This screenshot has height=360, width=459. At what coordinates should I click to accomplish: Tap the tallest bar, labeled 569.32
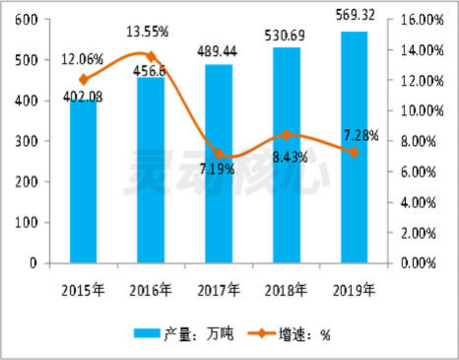coord(354,148)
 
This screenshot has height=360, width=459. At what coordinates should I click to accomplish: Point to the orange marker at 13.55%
coord(151,56)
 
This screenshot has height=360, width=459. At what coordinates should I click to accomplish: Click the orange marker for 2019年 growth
coord(354,152)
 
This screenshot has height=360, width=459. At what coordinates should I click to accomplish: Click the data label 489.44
coord(219,50)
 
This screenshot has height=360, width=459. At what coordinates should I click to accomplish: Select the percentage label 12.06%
coord(82,59)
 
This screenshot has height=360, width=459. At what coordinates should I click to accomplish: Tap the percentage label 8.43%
coord(286,157)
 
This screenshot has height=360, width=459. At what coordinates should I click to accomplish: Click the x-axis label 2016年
coord(152,289)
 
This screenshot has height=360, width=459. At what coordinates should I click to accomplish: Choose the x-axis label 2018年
coord(286,289)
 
